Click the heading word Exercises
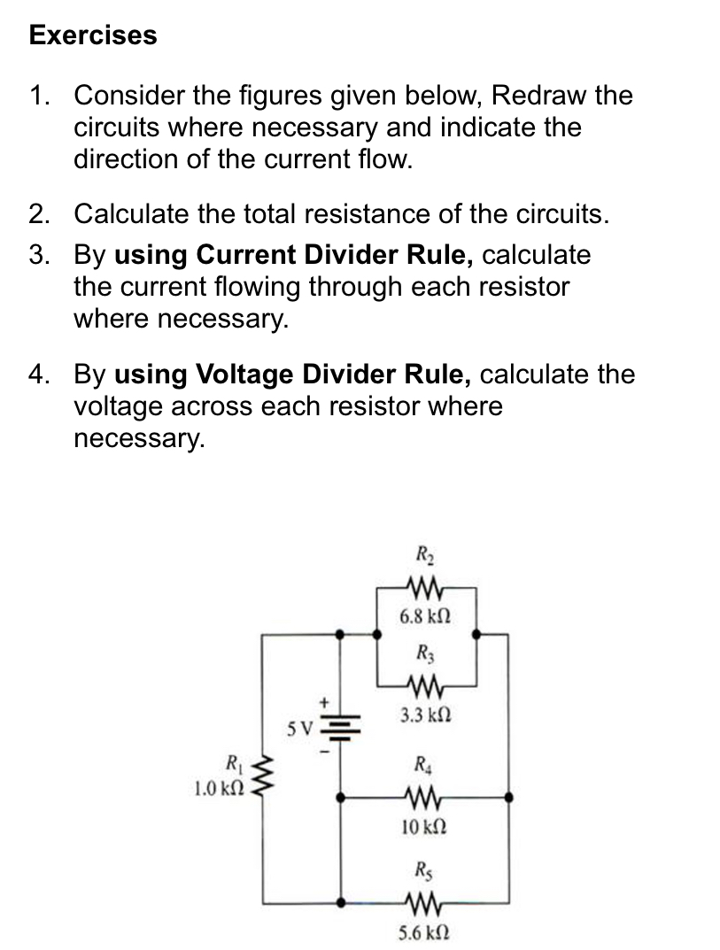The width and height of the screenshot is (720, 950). pos(93,35)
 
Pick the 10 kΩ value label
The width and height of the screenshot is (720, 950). pos(422,828)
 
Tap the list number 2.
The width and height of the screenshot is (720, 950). pos(37,214)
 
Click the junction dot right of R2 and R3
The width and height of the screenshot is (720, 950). pos(477,635)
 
